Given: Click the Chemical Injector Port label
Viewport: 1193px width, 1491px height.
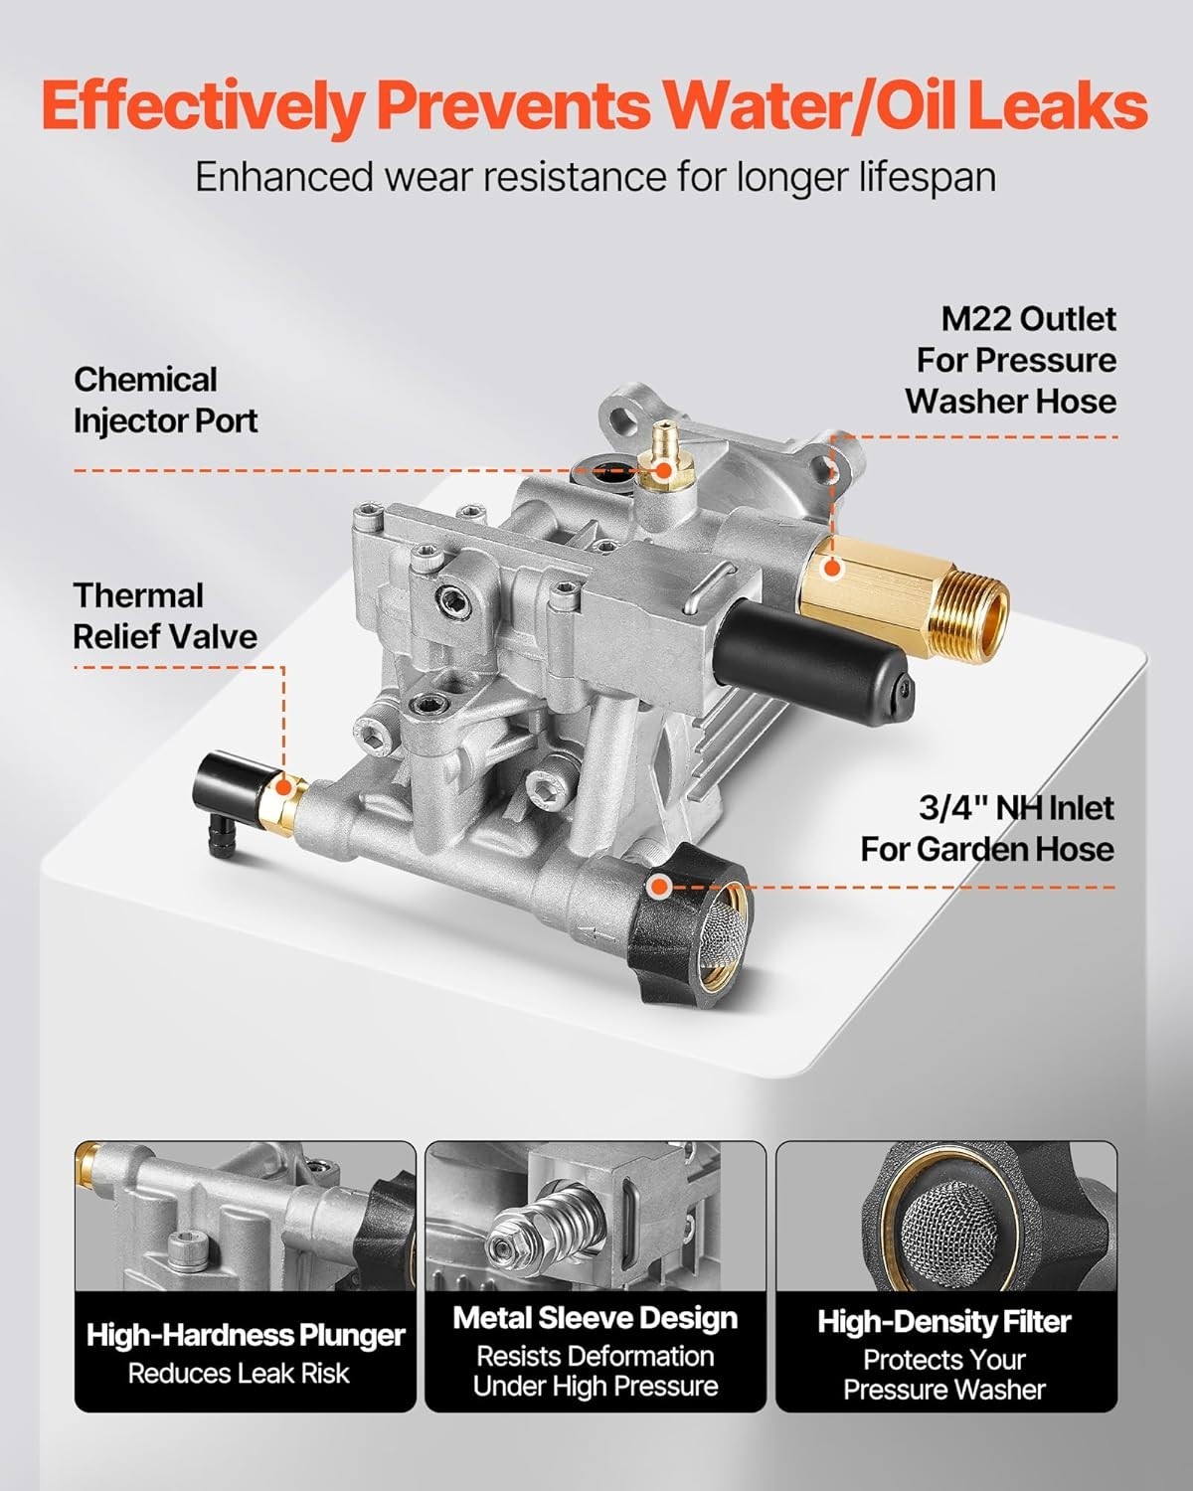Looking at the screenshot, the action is click(x=166, y=401).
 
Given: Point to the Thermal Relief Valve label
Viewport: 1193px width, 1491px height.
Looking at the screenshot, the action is click(x=165, y=616).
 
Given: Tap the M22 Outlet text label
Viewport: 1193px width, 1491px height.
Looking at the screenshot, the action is click(x=1029, y=319).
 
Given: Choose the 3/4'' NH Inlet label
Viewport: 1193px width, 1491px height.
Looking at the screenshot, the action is click(x=1017, y=808).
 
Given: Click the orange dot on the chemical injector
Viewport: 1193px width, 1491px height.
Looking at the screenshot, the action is click(x=663, y=471).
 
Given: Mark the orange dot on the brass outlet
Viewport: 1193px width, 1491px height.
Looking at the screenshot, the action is click(x=830, y=568).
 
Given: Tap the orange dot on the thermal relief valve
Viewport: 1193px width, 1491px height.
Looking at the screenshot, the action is click(x=282, y=786).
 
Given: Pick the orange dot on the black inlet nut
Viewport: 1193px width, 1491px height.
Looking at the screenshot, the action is click(x=660, y=886).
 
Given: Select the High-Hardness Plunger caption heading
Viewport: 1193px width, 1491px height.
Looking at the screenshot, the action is click(x=246, y=1335).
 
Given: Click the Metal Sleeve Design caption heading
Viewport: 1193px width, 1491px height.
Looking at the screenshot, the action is click(x=596, y=1318).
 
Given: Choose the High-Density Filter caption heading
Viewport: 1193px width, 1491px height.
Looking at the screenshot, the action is click(x=944, y=1321).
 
